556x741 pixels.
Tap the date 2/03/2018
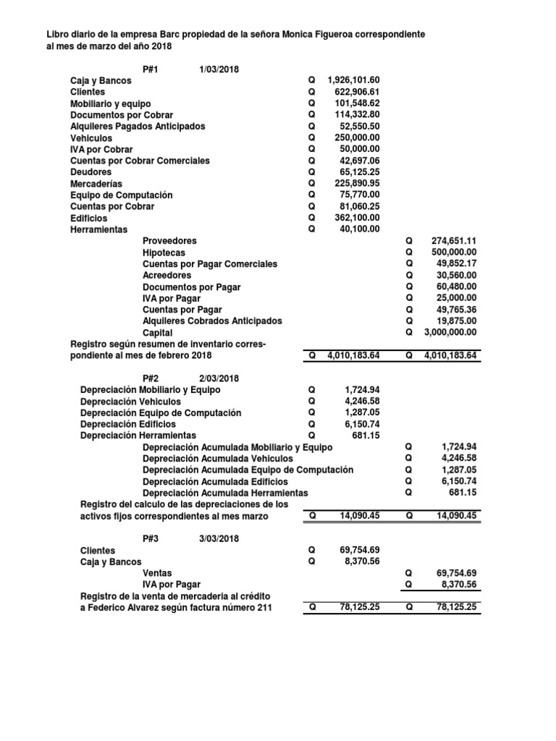pos(219,378)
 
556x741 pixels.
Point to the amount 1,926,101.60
pos(353,80)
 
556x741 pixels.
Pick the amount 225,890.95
pos(355,184)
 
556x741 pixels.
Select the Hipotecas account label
pos(164,253)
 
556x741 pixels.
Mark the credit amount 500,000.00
pos(452,253)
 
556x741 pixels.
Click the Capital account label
pos(157,333)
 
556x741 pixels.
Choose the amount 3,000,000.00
pos(450,333)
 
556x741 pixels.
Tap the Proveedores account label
pos(169,241)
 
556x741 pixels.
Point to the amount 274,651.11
pos(452,241)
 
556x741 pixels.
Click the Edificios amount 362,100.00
pos(355,218)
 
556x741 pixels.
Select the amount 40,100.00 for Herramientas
pos(358,229)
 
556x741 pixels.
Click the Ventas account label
pos(157,572)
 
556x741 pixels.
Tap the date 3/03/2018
pos(219,539)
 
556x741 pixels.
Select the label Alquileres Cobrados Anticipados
pos(212,321)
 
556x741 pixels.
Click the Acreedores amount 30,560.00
pos(454,276)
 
